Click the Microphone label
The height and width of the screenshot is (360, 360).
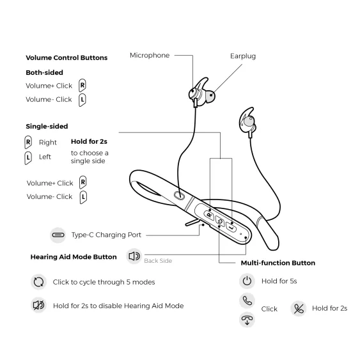point(150,56)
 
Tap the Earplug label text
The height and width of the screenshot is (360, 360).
point(243,56)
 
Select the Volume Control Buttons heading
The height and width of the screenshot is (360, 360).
point(67,58)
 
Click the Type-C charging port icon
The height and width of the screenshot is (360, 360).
point(58,235)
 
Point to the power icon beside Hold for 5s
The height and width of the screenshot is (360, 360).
point(247,281)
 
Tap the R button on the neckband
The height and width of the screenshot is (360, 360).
point(209,215)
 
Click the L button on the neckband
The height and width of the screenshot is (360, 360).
point(231,227)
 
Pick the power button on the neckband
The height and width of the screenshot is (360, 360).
point(220,221)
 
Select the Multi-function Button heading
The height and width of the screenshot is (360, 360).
point(278,263)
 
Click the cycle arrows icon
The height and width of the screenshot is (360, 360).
point(38,282)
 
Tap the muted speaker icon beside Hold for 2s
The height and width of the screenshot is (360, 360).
point(38,306)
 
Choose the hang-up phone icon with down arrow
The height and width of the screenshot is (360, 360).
point(247,319)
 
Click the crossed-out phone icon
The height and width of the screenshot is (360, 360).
point(299,308)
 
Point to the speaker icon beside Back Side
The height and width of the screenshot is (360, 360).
point(134,256)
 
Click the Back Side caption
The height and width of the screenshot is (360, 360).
point(158,261)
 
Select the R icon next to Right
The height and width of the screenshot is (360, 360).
point(28,142)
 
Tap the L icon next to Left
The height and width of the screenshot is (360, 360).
point(28,158)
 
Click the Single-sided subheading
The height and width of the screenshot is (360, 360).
point(47,126)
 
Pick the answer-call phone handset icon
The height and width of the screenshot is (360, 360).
point(247,301)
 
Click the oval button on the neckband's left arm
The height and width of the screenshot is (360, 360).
point(179,196)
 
